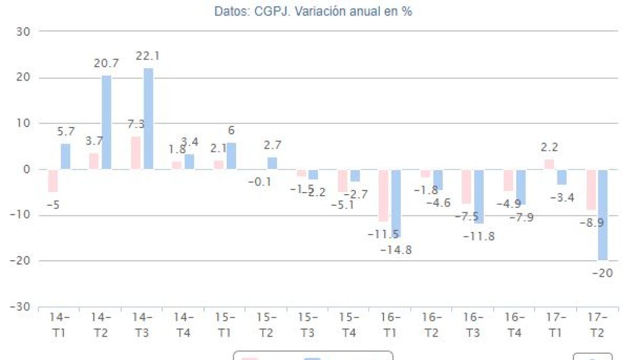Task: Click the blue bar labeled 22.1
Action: pyautogui.click(x=148, y=119)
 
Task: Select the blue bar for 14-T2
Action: pyautogui.click(x=107, y=123)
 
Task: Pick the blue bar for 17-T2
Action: pyautogui.click(x=603, y=215)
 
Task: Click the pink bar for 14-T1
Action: pyautogui.click(x=53, y=181)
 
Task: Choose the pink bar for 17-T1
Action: pyautogui.click(x=549, y=164)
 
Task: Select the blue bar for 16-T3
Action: pyautogui.click(x=479, y=196)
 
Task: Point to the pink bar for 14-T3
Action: pyautogui.click(x=136, y=153)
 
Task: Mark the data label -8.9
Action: pyautogui.click(x=592, y=222)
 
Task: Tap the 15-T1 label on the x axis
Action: pyautogui.click(x=225, y=325)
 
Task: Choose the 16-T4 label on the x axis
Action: pyautogui.click(x=514, y=325)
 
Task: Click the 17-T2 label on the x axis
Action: pyautogui.click(x=597, y=325)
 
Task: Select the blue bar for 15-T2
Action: pyautogui.click(x=272, y=163)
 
